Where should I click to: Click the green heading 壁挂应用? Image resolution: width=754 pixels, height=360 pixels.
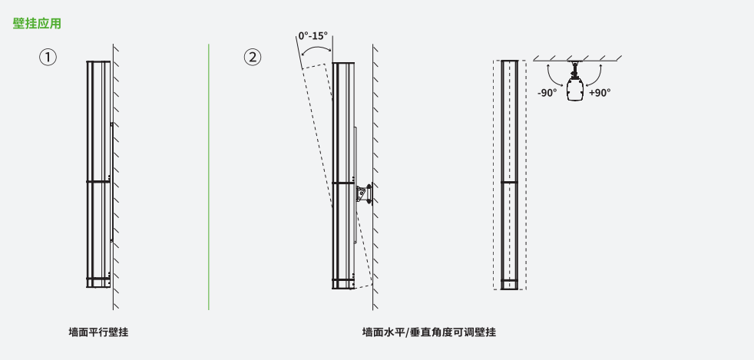(x=37, y=24)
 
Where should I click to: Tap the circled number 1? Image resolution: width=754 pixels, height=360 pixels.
(x=48, y=58)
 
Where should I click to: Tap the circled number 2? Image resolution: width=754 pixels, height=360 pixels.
(x=253, y=58)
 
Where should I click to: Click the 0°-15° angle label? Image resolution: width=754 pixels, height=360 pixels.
(x=313, y=35)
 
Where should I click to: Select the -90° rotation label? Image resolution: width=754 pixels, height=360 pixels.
(x=547, y=93)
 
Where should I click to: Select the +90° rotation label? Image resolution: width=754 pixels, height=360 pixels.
(x=600, y=93)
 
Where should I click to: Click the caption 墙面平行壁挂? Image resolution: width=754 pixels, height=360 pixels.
(x=98, y=332)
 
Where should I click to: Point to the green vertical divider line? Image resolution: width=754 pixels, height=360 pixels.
(x=209, y=177)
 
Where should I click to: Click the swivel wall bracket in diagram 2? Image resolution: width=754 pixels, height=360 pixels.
(x=364, y=193)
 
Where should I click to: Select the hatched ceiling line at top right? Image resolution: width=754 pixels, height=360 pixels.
(x=577, y=58)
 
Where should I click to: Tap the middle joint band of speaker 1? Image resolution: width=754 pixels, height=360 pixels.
(x=98, y=181)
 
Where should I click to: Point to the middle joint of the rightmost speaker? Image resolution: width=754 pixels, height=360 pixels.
(x=510, y=182)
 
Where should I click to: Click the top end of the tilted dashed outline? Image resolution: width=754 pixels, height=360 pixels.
(x=313, y=68)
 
